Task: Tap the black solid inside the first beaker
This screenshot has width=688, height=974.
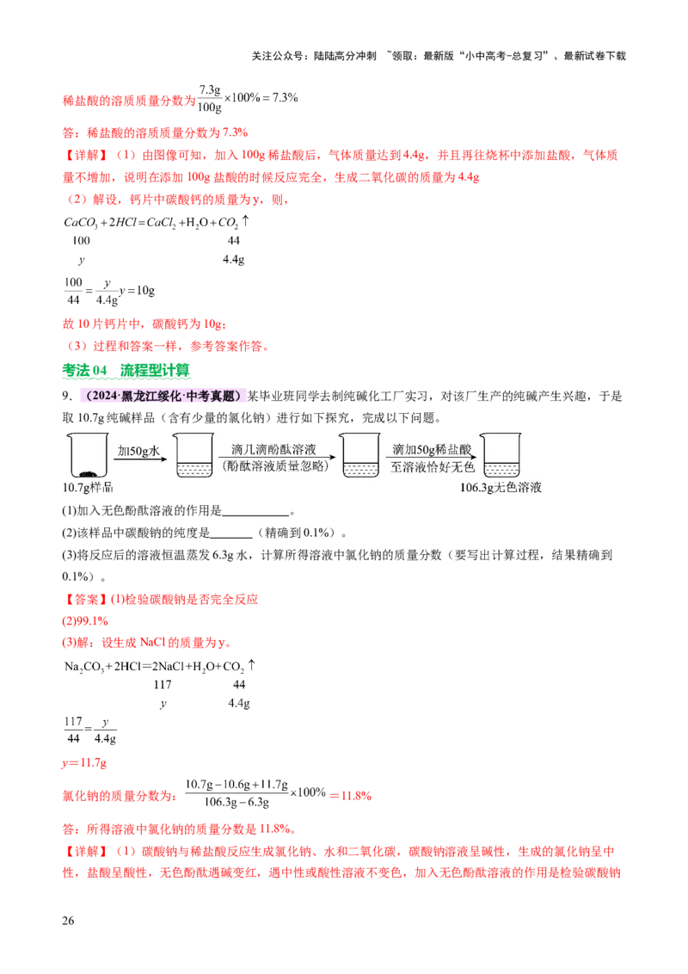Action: pos(86,472)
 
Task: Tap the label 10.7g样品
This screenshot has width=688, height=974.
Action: pos(89,488)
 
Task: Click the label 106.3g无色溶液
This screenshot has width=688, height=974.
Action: pos(501,488)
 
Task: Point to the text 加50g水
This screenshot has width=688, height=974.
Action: pos(138,450)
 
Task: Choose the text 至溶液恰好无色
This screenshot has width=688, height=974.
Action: pos(431,466)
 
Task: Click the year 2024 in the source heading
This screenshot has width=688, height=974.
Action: pos(101,396)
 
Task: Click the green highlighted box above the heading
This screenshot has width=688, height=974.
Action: pos(126,372)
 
